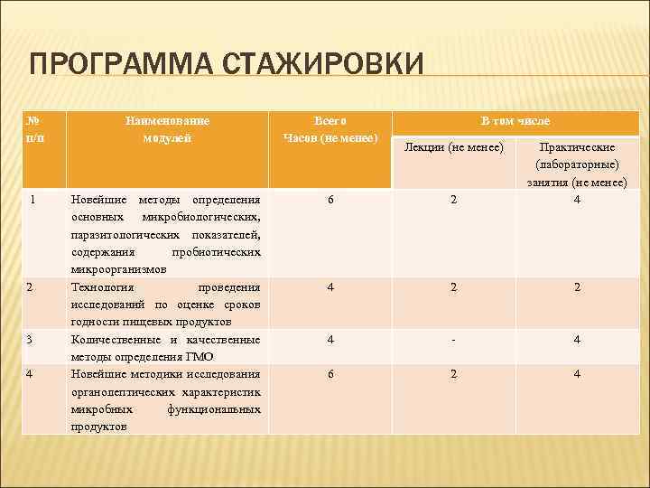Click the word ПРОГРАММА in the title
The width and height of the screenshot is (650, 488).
tap(118, 65)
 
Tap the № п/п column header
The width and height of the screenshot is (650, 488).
tap(33, 128)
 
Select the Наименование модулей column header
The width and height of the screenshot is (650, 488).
tap(167, 128)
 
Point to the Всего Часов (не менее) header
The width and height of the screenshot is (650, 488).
tap(330, 128)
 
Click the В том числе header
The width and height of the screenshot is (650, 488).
tap(515, 120)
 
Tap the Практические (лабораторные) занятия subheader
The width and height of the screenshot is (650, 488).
tap(577, 164)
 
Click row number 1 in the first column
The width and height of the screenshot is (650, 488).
tap(32, 199)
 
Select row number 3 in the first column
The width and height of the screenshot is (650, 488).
tap(30, 339)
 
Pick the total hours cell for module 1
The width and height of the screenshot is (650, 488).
tap(330, 200)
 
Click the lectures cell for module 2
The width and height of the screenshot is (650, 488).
tap(454, 287)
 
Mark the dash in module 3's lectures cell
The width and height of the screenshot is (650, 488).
tap(454, 340)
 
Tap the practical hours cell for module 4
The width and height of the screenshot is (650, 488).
tap(577, 374)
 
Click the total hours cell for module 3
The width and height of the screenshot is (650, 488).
tap(330, 340)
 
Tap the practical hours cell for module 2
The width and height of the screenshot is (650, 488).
tap(577, 287)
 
